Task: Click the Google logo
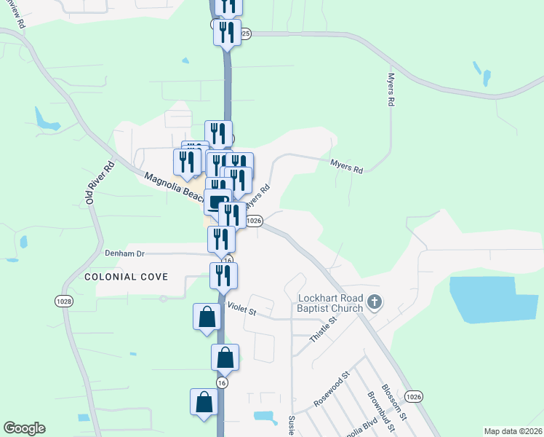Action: (24, 428)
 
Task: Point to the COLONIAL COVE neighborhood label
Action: (127, 277)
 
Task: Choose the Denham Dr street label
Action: (125, 253)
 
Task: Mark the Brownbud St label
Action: (375, 409)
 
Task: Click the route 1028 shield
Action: (63, 301)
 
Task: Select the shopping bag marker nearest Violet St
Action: (207, 317)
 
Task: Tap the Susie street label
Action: (291, 424)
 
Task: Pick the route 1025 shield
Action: (244, 34)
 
